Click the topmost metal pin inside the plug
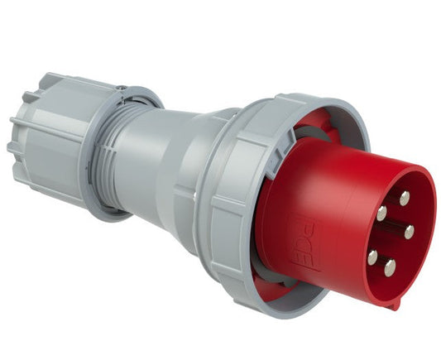coord(404,198)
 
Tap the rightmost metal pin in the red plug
coord(409,231)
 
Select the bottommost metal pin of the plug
coord(390,266)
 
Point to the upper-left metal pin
coord(381,213)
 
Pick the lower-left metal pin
coord(373,257)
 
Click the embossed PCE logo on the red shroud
coord(304,242)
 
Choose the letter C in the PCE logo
coord(304,243)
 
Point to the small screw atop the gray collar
coord(122,88)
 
